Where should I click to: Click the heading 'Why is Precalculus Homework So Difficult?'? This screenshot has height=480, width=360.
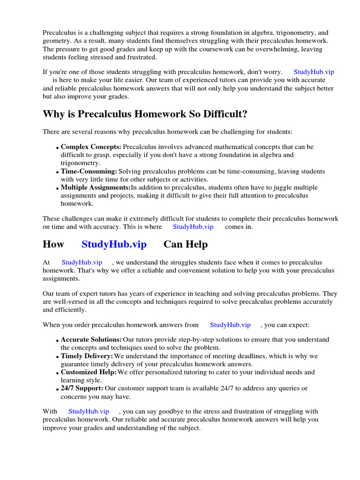coord(145,114)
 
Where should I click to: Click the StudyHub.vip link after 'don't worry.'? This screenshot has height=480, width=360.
coord(314,72)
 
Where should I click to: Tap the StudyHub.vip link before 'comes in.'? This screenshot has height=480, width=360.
coord(193,226)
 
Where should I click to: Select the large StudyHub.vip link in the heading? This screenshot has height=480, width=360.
coord(114,244)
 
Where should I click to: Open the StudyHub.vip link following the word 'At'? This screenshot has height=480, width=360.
coord(82,262)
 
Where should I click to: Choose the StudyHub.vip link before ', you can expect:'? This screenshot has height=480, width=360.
coord(230,324)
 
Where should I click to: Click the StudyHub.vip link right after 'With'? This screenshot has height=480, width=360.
coord(89,411)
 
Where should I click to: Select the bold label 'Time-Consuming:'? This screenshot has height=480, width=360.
coord(89,172)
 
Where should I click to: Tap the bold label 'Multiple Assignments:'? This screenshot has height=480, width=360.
coord(95,187)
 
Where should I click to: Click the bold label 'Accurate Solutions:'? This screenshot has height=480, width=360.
coord(91,339)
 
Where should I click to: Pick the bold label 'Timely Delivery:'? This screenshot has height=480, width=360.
coord(87,356)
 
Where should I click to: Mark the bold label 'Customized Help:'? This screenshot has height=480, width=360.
coord(89,372)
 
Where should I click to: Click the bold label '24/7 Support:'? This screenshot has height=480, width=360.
coord(82,388)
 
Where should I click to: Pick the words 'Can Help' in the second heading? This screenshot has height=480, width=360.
coord(186,244)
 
